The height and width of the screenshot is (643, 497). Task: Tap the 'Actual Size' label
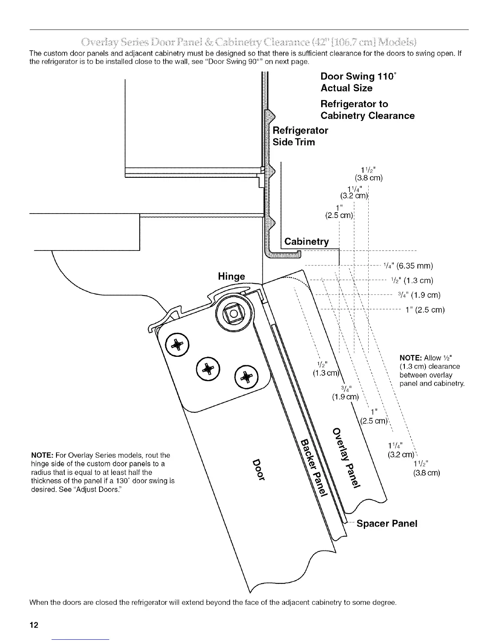346,88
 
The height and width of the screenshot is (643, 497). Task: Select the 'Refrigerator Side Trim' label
300,136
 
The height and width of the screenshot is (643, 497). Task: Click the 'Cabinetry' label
306,242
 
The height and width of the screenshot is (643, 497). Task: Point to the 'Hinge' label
231,276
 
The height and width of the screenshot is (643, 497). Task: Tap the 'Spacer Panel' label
387,524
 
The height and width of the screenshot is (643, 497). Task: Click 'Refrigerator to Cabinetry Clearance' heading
367,110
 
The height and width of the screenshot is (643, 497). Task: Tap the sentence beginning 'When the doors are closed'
213,602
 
